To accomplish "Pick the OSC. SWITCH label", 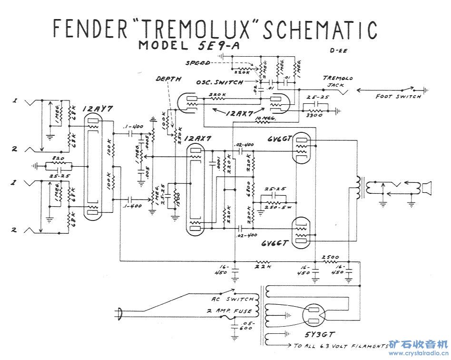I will (219, 82).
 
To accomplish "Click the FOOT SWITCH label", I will (398, 97).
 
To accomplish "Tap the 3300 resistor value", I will (315, 115).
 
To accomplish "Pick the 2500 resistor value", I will (330, 257).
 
